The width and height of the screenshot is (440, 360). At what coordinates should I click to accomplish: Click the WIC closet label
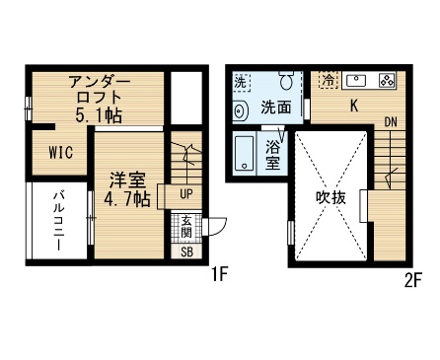coord(61,153)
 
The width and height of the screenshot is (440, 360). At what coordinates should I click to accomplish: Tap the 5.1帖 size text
coord(99,115)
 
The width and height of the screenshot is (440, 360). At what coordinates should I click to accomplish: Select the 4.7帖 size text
coord(127,199)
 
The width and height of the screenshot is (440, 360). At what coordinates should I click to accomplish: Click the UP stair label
coord(186,194)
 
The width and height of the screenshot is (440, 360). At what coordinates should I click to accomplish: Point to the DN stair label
coord(391,122)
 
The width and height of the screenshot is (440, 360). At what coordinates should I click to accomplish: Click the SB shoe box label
coord(186,252)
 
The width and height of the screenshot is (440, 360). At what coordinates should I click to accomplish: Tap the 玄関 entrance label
coord(186,227)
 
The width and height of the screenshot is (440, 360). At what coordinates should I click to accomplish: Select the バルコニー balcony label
coord(59,220)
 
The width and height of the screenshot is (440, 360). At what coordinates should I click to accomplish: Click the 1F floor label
coord(219,274)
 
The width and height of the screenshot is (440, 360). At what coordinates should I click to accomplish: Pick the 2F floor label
coord(412,280)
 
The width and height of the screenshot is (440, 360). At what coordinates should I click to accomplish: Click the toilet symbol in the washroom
coord(286,79)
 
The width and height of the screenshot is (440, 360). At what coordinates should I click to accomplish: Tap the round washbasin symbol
coord(241,110)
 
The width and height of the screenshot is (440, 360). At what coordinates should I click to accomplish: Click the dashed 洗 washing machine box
coord(242,82)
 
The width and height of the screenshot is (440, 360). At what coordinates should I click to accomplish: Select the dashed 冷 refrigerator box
coord(329,80)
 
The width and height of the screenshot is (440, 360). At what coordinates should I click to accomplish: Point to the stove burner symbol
coord(387,80)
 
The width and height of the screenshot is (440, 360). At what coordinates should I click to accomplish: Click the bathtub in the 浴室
coord(245,153)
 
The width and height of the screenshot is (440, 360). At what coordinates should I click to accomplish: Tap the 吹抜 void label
coord(330,197)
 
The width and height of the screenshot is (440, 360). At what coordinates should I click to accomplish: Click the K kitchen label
coord(354,106)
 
